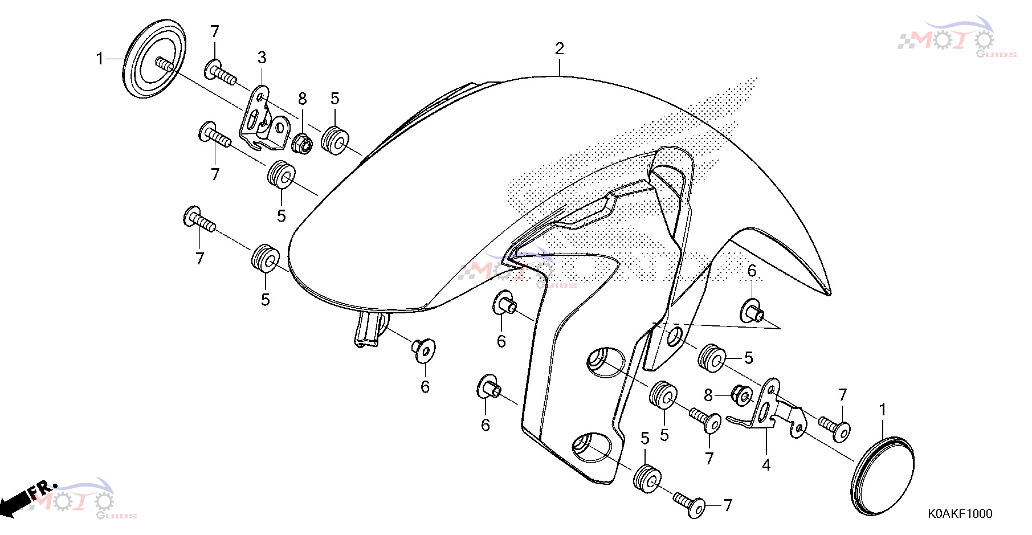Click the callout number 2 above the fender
tap(559, 48)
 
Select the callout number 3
tap(262, 58)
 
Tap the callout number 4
tap(766, 465)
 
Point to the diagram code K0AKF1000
tap(960, 514)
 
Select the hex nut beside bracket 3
tap(302, 144)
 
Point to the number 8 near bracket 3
tap(303, 99)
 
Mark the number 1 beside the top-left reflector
tap(100, 59)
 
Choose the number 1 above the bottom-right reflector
tap(883, 410)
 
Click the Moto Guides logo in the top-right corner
tap(957, 38)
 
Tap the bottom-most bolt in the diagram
tap(689, 504)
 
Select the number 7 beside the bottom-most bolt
tap(728, 505)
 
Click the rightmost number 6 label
tap(752, 271)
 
